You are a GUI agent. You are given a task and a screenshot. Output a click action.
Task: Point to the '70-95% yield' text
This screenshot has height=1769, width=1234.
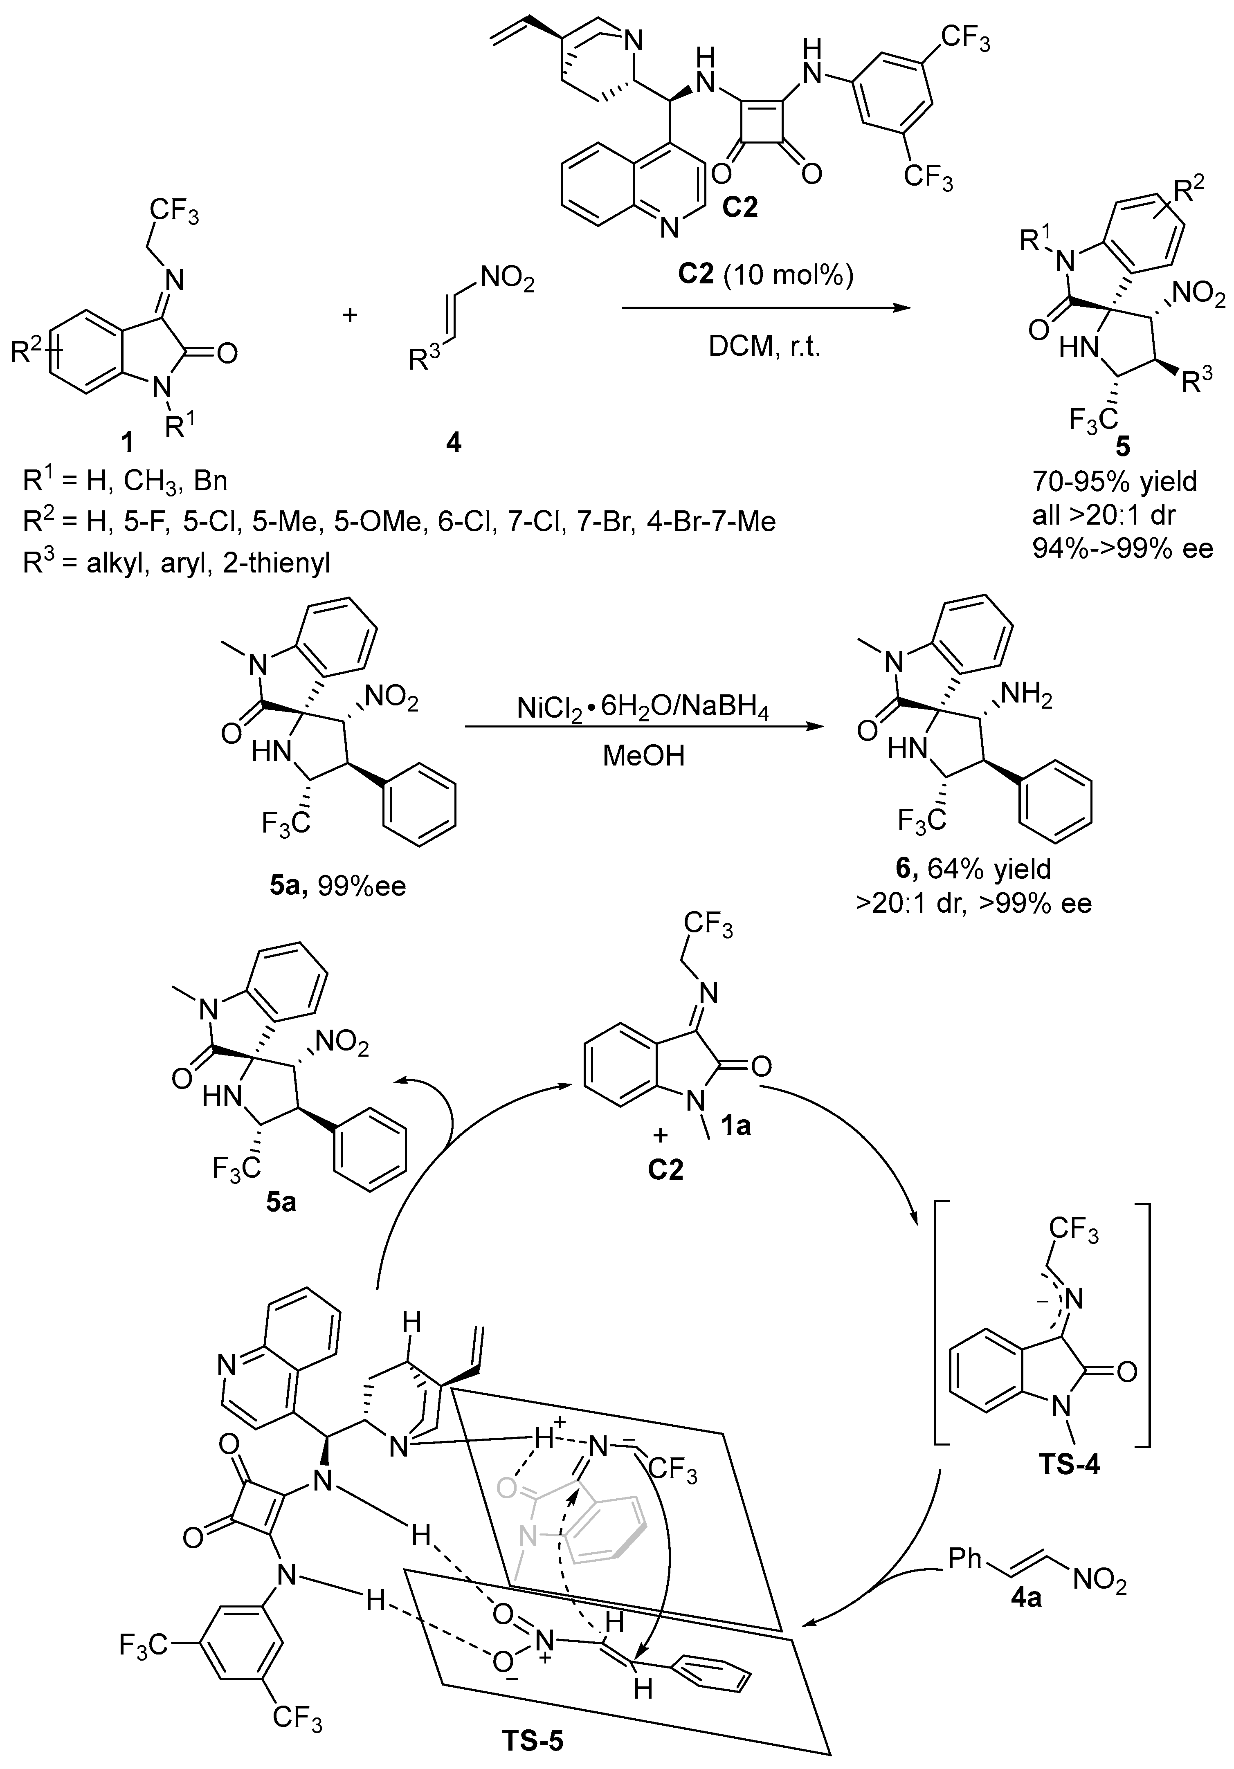(x=1115, y=482)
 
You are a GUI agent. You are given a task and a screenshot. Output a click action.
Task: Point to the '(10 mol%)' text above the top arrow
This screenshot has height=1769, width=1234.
(x=788, y=274)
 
